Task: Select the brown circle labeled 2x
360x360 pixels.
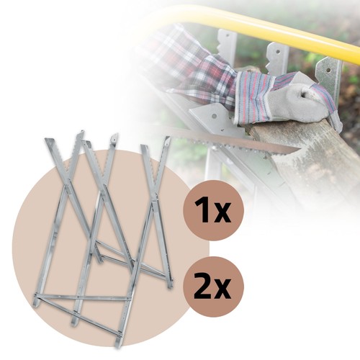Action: (213, 287)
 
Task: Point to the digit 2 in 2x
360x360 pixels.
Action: (203, 287)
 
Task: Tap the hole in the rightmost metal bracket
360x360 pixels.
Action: (329, 70)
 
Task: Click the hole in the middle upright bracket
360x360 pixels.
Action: (278, 51)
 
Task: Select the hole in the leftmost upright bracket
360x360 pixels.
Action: (228, 35)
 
